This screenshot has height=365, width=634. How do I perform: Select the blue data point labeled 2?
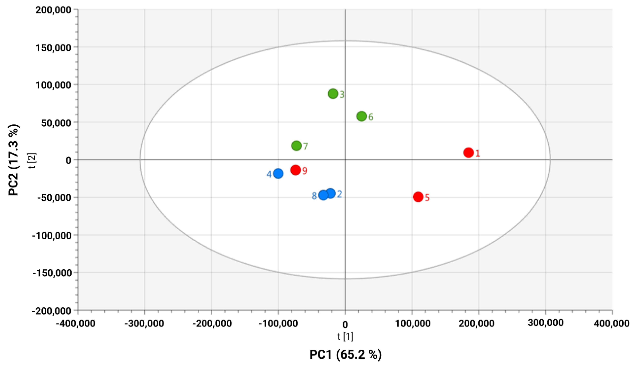point(330,193)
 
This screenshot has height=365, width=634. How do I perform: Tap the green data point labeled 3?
point(333,94)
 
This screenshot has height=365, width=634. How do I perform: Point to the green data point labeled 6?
point(362,116)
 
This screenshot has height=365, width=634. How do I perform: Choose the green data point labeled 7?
point(297,146)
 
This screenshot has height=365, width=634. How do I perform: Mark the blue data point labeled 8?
point(323,195)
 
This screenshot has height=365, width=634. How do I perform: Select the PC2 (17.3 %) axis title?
point(14,160)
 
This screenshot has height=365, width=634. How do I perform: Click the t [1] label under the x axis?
point(345,337)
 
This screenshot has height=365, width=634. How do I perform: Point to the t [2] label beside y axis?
point(33,161)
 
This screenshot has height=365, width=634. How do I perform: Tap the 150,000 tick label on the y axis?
point(53,48)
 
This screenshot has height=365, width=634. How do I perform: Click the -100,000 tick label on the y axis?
point(52,236)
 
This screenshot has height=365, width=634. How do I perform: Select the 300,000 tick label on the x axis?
point(545,323)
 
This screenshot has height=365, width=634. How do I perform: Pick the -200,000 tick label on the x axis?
point(212,323)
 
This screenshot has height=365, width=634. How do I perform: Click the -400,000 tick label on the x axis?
point(76,323)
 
